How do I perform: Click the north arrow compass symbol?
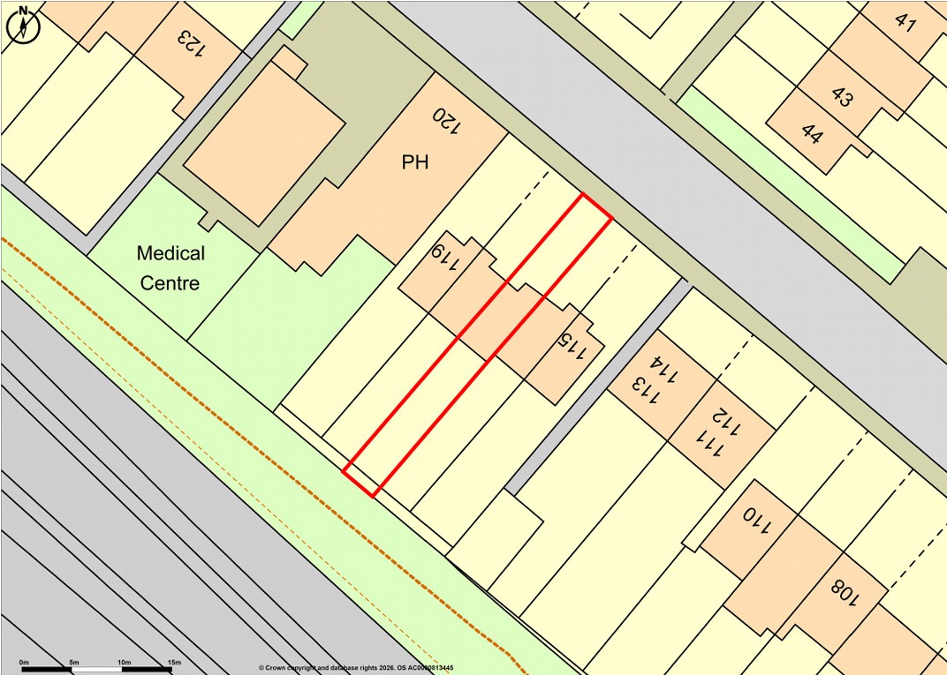pyautogui.click(x=24, y=24)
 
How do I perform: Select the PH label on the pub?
pyautogui.click(x=415, y=163)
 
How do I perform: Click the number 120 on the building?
pyautogui.click(x=446, y=121)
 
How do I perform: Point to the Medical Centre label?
pyautogui.click(x=170, y=268)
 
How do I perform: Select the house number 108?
pyautogui.click(x=844, y=591)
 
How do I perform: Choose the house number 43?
pyautogui.click(x=842, y=98)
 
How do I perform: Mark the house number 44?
pyautogui.click(x=811, y=134)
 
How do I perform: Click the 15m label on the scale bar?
pyautogui.click(x=174, y=662)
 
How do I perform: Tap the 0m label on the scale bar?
pyautogui.click(x=24, y=662)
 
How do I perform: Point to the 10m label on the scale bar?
pyautogui.click(x=124, y=662)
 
